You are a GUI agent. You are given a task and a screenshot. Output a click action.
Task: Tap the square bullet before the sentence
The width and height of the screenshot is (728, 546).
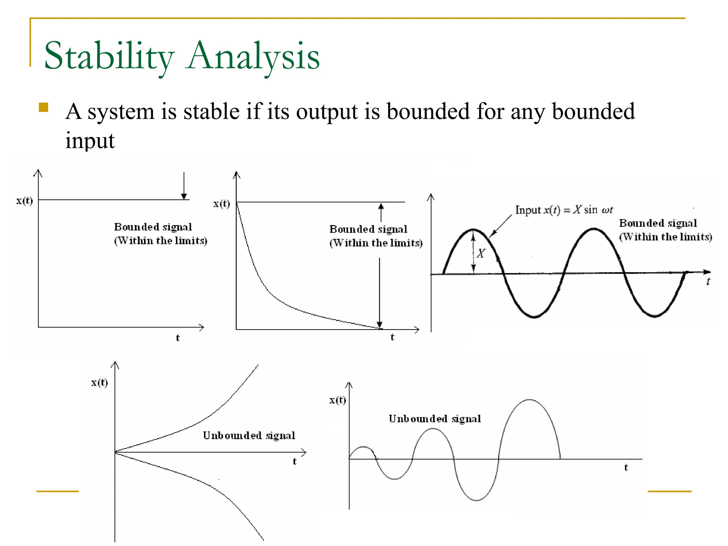(43, 107)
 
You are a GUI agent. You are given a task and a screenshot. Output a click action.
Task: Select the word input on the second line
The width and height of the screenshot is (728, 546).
(90, 140)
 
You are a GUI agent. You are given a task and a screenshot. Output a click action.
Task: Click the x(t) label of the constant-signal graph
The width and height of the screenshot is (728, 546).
(24, 201)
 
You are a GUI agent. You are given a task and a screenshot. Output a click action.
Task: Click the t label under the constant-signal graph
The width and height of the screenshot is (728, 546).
(178, 338)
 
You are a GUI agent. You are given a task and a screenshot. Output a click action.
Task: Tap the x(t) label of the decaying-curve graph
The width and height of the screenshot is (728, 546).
(221, 204)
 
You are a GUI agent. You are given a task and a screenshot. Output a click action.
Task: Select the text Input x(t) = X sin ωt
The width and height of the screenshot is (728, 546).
(564, 210)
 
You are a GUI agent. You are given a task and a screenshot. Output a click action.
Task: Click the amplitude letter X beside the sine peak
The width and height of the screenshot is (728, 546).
(481, 253)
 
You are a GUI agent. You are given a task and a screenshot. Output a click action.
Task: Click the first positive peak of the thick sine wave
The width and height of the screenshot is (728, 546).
(473, 230)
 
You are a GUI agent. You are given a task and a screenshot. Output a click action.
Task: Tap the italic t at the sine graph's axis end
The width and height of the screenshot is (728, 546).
(708, 282)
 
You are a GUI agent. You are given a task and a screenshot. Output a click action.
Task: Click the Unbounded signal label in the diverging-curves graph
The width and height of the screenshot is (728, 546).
(249, 435)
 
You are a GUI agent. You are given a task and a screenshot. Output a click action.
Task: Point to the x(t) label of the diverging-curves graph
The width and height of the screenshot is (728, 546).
(99, 382)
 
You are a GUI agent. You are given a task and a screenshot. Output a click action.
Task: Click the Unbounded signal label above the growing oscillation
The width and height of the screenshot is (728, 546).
(434, 419)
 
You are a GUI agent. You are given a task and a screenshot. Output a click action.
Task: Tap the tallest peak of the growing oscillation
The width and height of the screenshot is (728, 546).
(530, 400)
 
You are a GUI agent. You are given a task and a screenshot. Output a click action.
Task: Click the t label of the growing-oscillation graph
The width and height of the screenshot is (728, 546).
(626, 467)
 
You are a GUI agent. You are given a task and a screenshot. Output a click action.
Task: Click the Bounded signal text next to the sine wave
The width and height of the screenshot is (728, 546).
(658, 223)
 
